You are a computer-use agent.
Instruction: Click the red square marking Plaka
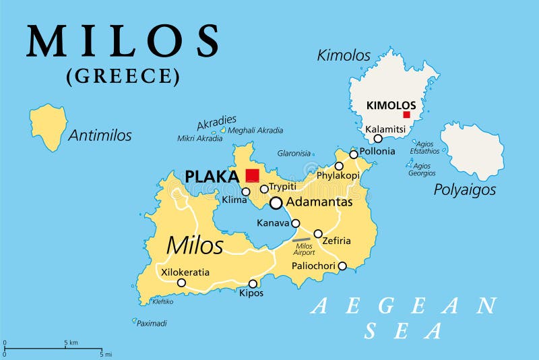(252, 175)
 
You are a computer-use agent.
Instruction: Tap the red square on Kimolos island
(406, 115)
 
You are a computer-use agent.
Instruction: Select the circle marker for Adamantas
(276, 202)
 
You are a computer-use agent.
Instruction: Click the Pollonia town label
(377, 151)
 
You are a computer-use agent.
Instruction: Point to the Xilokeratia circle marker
(181, 282)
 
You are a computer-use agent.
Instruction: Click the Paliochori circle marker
(342, 266)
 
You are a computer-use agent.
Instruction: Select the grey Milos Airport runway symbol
(301, 239)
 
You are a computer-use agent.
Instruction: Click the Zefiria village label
(337, 240)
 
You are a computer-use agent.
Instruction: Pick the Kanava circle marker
(295, 223)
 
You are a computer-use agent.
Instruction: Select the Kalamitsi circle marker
(378, 138)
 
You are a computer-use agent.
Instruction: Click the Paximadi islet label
(152, 324)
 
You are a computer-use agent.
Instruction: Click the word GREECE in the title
(123, 76)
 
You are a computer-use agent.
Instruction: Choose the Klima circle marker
(246, 191)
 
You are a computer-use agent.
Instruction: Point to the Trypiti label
(283, 187)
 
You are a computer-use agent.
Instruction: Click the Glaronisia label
(294, 153)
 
